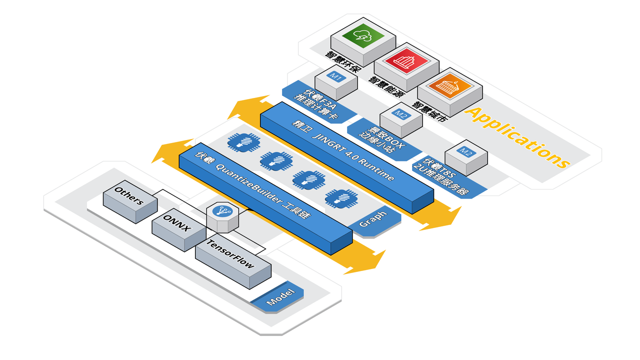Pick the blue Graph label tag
[373, 219]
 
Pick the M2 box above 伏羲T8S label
[466, 154]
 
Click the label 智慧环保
[343, 62]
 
